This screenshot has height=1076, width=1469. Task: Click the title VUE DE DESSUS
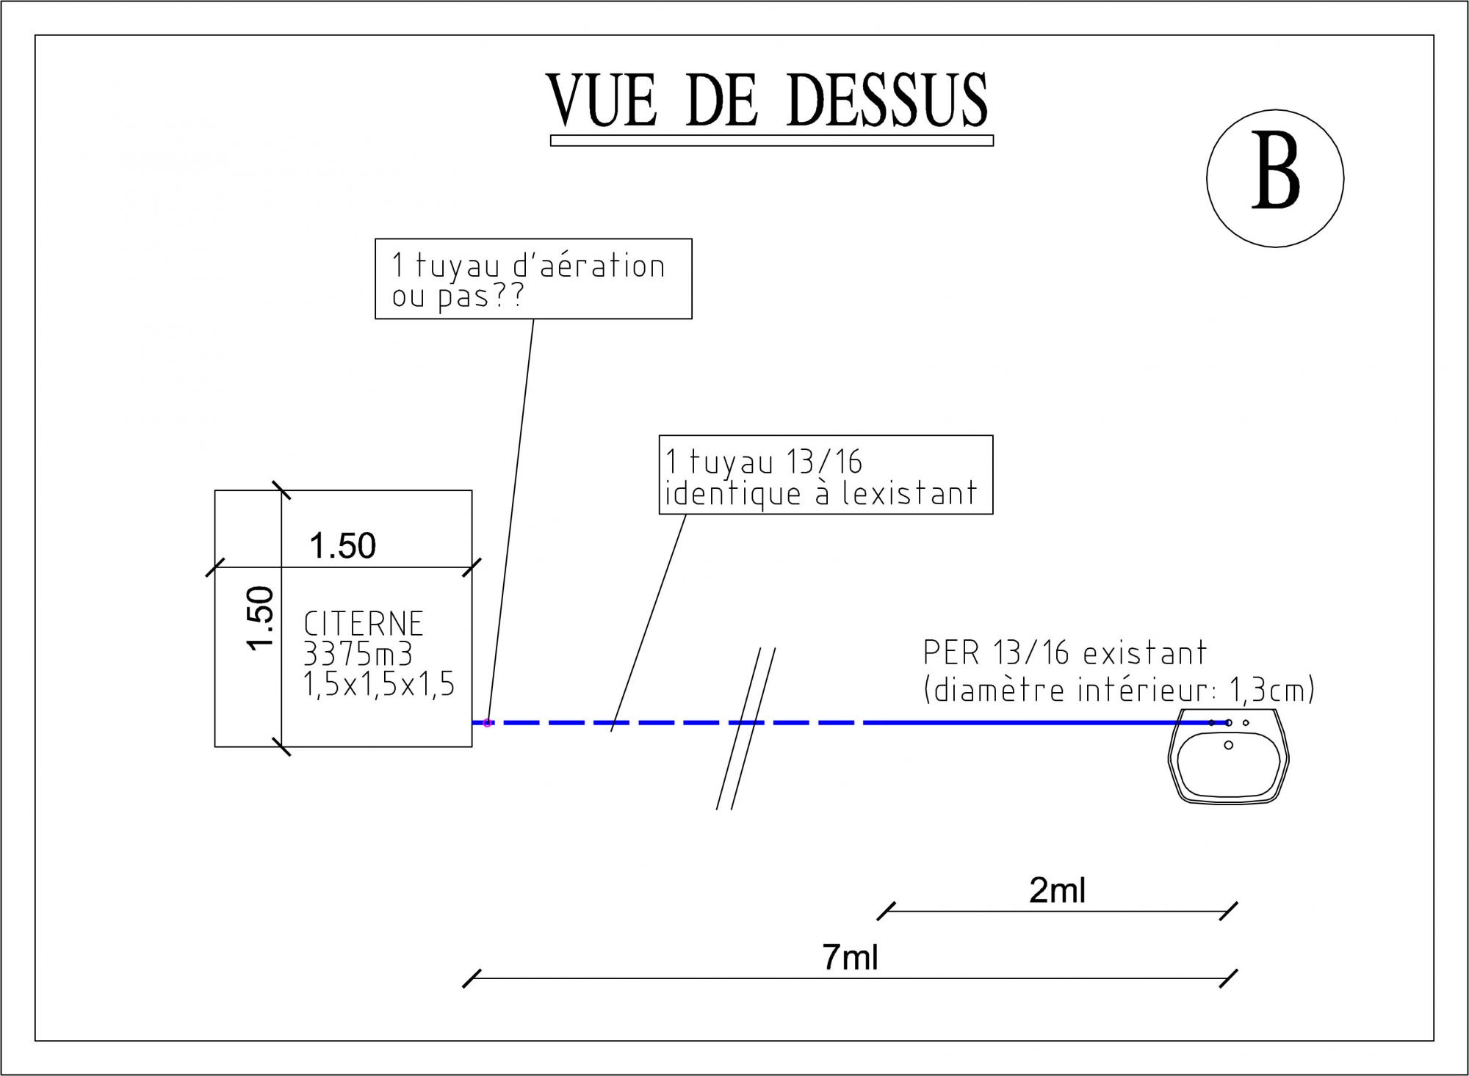pyautogui.click(x=768, y=101)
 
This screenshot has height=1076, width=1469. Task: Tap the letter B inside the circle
pyautogui.click(x=1275, y=171)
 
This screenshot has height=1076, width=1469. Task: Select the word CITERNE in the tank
pyautogui.click(x=364, y=624)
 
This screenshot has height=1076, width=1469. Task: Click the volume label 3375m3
pyautogui.click(x=358, y=654)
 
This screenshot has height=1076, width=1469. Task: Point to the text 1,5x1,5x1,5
pyautogui.click(x=379, y=685)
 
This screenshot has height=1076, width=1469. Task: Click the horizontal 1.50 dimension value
pyautogui.click(x=342, y=546)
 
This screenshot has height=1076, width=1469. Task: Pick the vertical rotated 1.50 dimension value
pyautogui.click(x=261, y=618)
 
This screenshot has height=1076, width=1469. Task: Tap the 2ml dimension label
pyautogui.click(x=1057, y=890)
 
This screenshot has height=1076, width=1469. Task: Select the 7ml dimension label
pyautogui.click(x=850, y=957)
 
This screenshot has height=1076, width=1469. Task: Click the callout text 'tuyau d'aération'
pyautogui.click(x=540, y=266)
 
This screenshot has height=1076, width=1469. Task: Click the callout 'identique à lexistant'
pyautogui.click(x=820, y=493)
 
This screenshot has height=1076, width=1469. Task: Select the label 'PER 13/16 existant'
pyautogui.click(x=1064, y=652)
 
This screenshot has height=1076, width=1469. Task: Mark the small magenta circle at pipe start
pyautogui.click(x=487, y=723)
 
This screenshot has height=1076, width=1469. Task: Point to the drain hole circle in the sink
pyautogui.click(x=1228, y=746)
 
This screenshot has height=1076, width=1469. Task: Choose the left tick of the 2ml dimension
pyautogui.click(x=887, y=911)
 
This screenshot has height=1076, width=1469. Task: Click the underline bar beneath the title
pyautogui.click(x=771, y=141)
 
